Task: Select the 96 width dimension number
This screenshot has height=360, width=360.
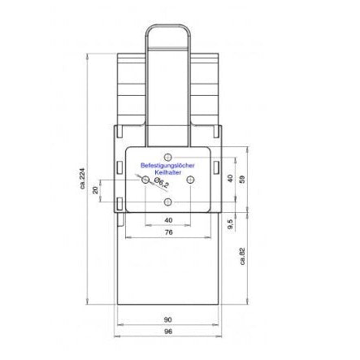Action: tap(167, 332)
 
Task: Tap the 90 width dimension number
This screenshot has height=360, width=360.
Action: tap(167, 319)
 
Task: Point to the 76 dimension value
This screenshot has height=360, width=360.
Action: tap(167, 232)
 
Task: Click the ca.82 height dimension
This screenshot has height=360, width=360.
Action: tap(242, 257)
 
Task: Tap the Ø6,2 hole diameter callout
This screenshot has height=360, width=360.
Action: tap(161, 185)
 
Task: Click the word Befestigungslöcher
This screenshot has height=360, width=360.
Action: tap(167, 165)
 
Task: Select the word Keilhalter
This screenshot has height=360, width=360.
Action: tap(167, 171)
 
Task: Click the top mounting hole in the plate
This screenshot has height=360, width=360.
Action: tap(168, 156)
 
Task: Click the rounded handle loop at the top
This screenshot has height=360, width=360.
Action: tap(167, 33)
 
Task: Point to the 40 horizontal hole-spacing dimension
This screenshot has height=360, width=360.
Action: tap(167, 220)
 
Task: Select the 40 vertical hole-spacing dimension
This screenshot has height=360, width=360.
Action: tap(231, 178)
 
